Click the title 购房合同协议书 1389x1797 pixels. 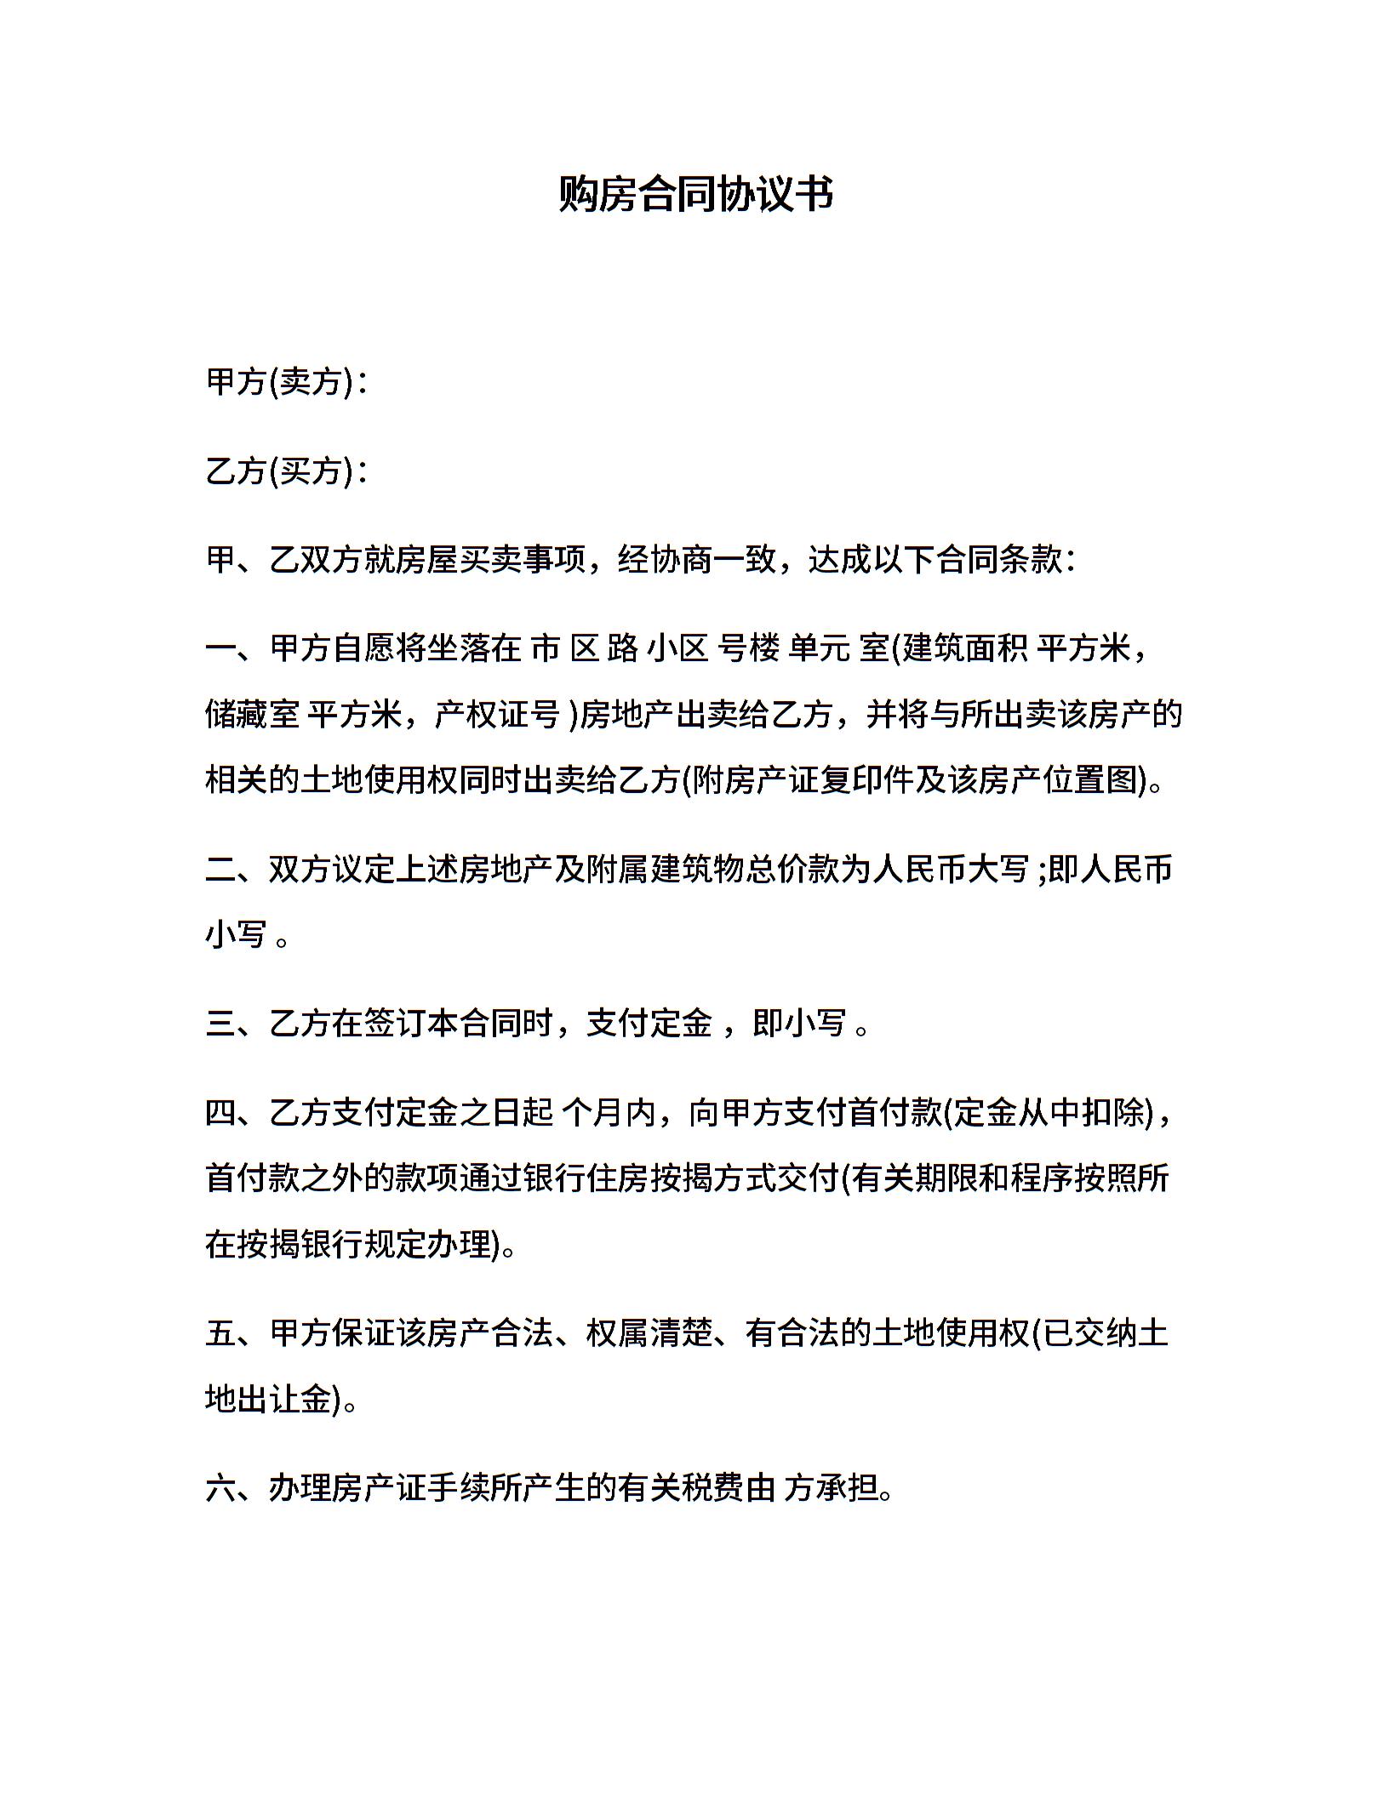(694, 194)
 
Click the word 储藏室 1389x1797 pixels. (252, 715)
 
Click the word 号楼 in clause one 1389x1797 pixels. (749, 648)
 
